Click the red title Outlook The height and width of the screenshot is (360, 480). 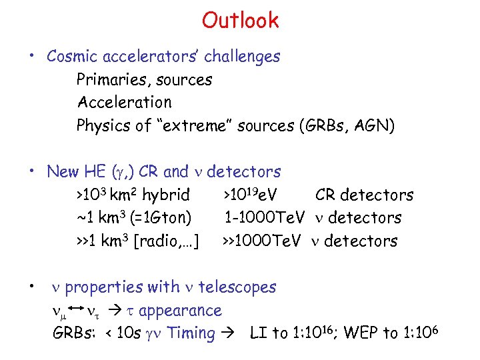240,21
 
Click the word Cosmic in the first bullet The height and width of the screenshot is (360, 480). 72,57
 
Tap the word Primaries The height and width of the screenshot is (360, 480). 111,80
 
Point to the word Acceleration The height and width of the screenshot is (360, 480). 124,103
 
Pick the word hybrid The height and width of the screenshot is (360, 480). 165,195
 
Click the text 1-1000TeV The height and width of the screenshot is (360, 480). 264,218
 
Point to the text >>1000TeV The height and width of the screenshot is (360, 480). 263,241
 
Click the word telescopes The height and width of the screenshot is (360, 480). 237,287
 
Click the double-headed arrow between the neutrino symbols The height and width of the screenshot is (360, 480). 75,311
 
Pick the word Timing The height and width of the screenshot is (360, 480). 192,333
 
